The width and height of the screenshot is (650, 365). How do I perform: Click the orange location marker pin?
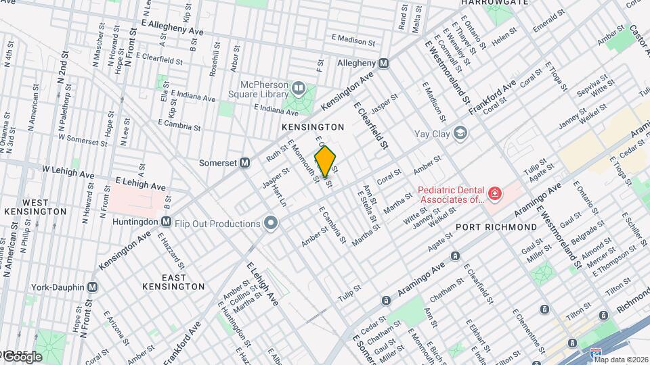(x=325, y=161)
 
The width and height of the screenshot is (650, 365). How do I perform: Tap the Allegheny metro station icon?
(x=384, y=63)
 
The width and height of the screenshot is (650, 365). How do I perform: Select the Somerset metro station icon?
(x=245, y=163)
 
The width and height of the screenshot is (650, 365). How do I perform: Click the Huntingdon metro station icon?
(x=166, y=222)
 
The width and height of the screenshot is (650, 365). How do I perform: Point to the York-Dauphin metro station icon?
(x=93, y=287)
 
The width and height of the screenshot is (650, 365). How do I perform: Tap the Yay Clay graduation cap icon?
(x=460, y=133)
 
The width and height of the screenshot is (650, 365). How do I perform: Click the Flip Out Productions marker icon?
(x=272, y=223)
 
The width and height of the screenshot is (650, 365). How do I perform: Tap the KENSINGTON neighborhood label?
(x=313, y=127)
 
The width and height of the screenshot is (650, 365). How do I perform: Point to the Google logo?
(x=22, y=357)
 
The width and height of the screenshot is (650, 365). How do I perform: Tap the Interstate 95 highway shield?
(x=595, y=353)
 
